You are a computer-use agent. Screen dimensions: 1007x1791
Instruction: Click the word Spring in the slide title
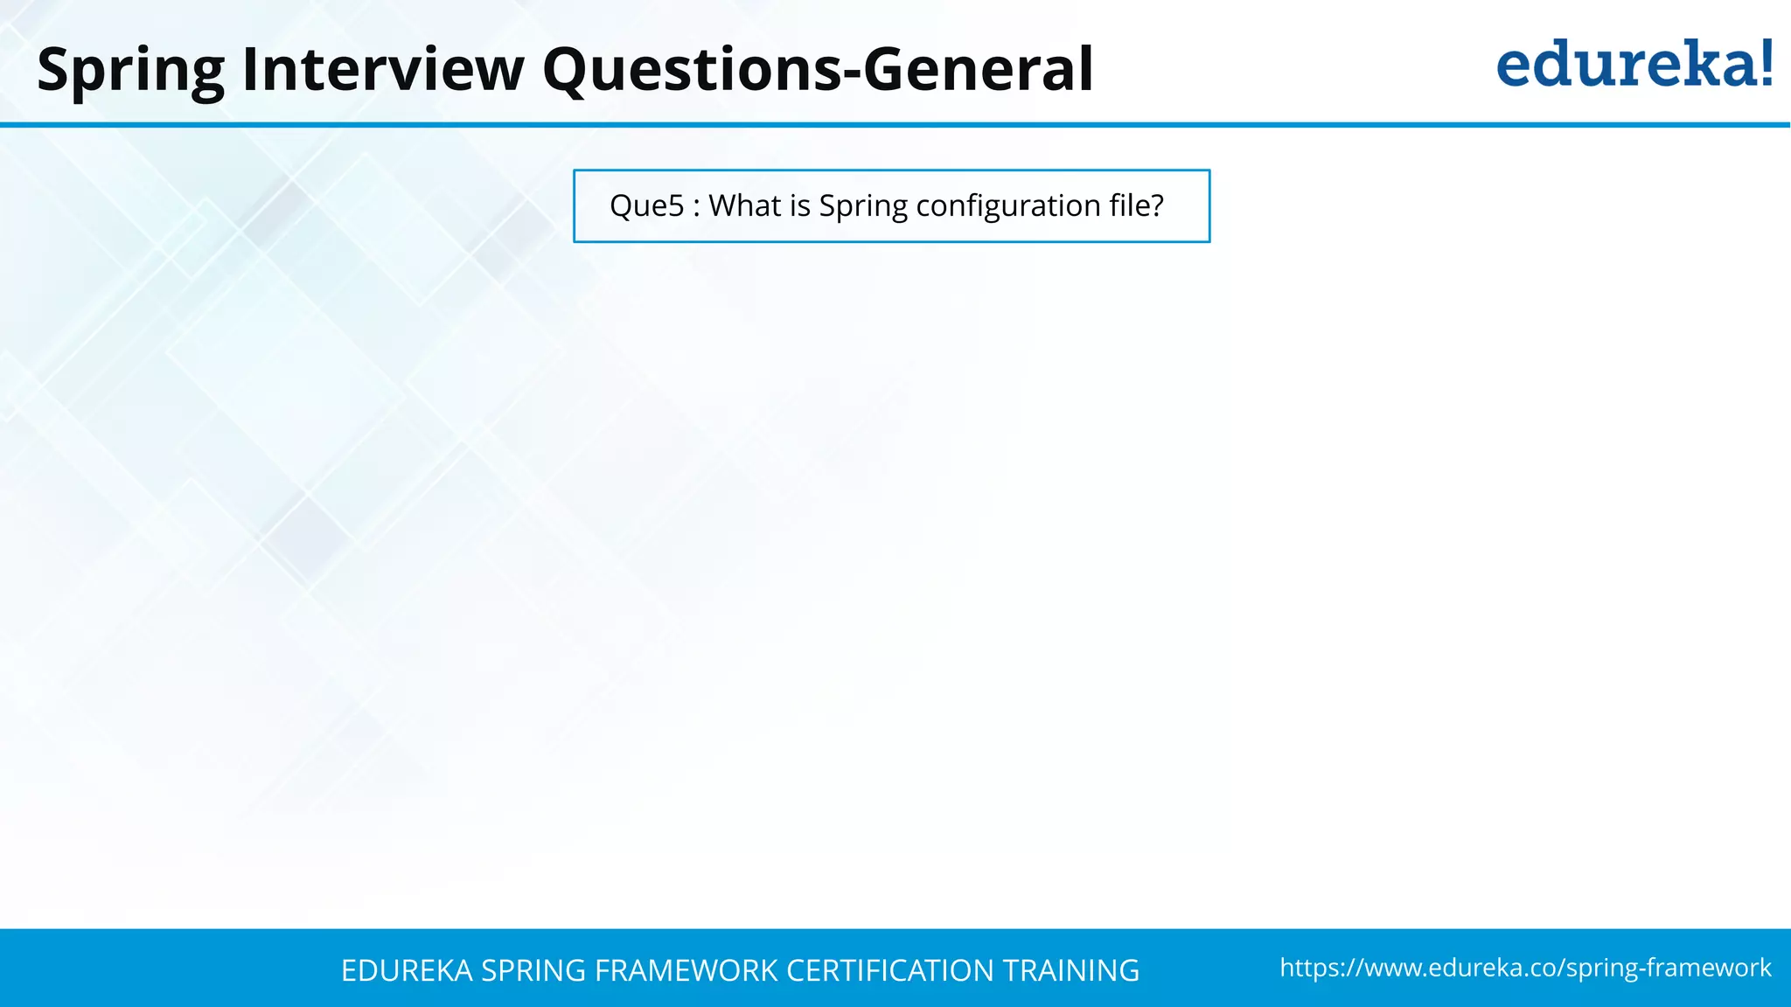click(x=130, y=70)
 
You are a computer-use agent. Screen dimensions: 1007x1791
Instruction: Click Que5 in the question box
click(x=646, y=206)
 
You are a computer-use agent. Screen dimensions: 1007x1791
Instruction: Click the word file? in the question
click(x=1136, y=206)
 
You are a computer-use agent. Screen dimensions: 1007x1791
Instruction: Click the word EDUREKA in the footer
click(x=407, y=970)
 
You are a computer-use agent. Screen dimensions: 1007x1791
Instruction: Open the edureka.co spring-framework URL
click(x=1525, y=968)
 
